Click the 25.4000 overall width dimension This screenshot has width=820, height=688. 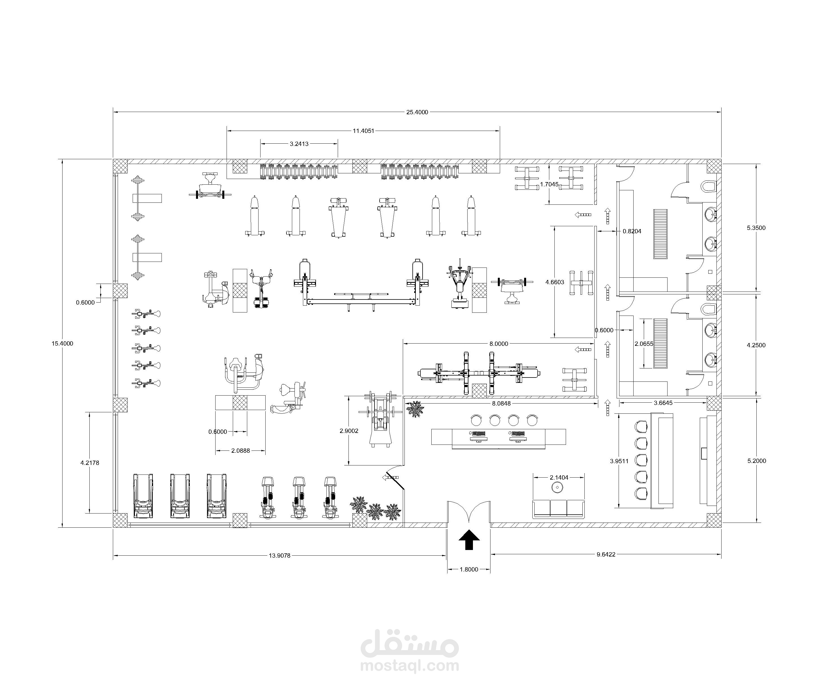tap(417, 112)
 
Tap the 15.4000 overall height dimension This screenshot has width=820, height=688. tap(63, 344)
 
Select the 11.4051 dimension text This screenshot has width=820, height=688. tap(363, 131)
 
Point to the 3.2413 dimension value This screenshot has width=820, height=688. tap(299, 144)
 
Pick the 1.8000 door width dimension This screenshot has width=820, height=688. tap(469, 569)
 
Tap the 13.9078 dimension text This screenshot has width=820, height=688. tap(279, 556)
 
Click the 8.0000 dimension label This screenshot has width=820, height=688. tap(499, 344)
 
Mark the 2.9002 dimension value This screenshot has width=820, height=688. tap(349, 431)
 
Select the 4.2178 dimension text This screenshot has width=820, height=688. tap(90, 463)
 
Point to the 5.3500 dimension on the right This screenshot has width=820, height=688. tap(756, 228)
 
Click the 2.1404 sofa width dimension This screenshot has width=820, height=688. tap(559, 477)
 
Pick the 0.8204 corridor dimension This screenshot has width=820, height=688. tap(632, 231)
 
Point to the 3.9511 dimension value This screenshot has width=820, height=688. tap(619, 461)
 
